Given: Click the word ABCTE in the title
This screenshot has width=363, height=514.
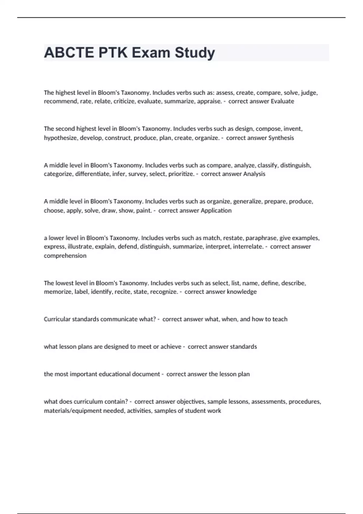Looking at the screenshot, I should (69, 53).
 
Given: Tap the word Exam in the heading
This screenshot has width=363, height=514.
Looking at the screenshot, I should (151, 53).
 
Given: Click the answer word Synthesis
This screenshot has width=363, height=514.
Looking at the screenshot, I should (281, 138).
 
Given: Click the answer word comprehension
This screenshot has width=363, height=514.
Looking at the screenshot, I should (65, 256).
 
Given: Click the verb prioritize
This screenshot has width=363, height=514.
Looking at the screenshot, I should (181, 174).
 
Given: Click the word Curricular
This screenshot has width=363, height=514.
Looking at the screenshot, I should (57, 319).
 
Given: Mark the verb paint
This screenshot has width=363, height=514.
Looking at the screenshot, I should (144, 210).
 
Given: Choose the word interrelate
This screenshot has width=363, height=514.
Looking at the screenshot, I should (248, 247).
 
